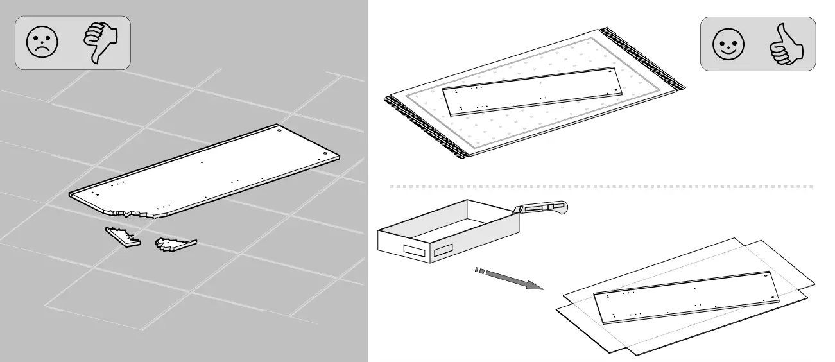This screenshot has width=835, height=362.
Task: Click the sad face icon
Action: [42, 43]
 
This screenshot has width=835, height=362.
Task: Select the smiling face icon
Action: [728, 44]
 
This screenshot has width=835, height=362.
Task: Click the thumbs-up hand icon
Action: [785, 44]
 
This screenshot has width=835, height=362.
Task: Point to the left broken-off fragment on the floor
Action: [123, 236]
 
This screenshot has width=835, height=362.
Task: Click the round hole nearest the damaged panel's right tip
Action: [326, 154]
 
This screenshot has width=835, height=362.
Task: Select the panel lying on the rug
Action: [533, 91]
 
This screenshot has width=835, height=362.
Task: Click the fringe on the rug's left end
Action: [424, 128]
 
